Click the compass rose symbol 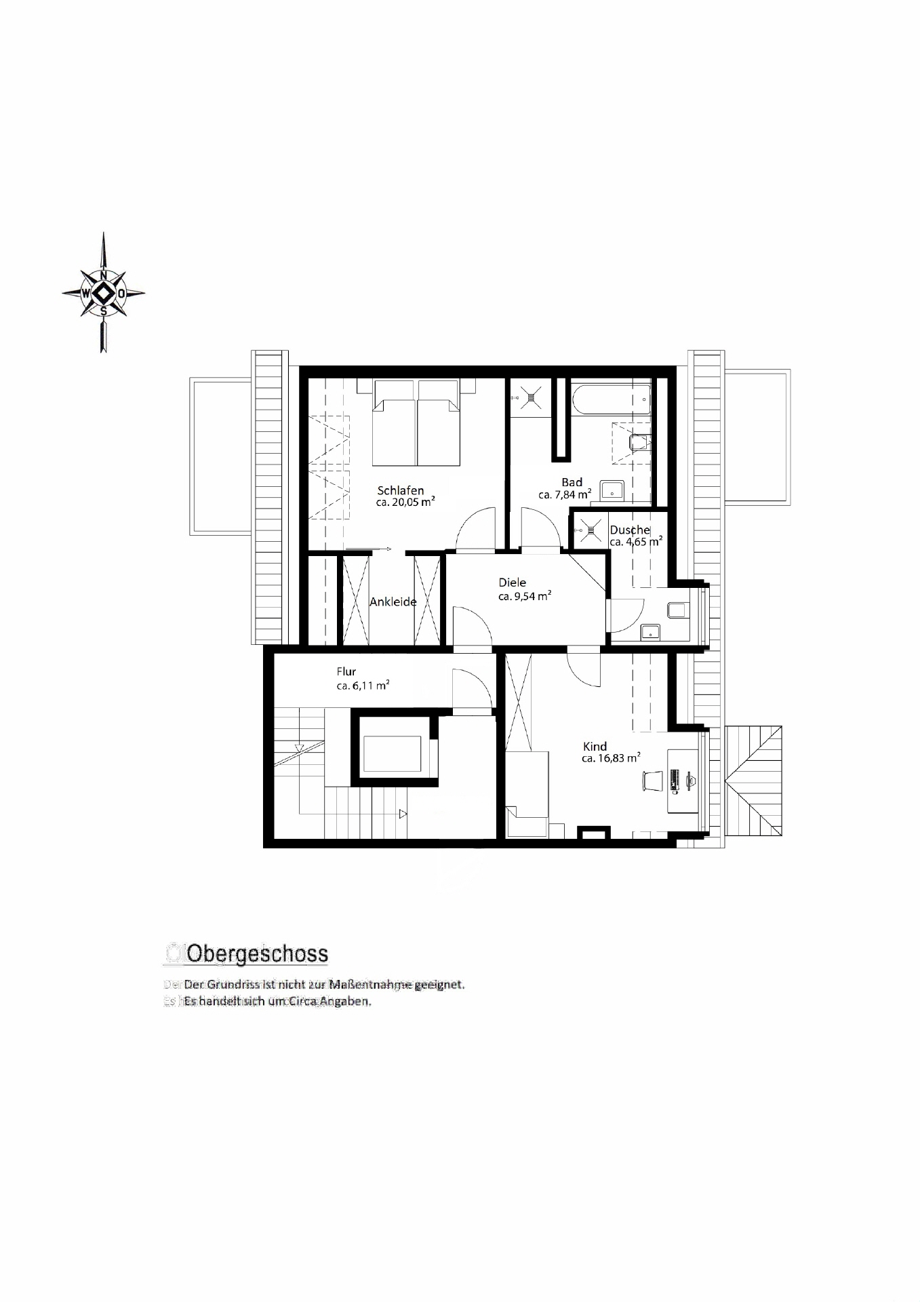[103, 293]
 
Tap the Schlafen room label [401, 490]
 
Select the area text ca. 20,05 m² [405, 502]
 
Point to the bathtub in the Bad [611, 399]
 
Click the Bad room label [572, 482]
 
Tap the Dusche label [629, 530]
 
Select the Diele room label [512, 583]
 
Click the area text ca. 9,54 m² [524, 596]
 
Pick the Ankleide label [393, 601]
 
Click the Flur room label [346, 671]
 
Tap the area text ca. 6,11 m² [363, 686]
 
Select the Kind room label [595, 746]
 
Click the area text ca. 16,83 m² [611, 759]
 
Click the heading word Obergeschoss [257, 953]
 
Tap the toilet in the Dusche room [677, 610]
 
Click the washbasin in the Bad [614, 489]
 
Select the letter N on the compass [103, 275]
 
